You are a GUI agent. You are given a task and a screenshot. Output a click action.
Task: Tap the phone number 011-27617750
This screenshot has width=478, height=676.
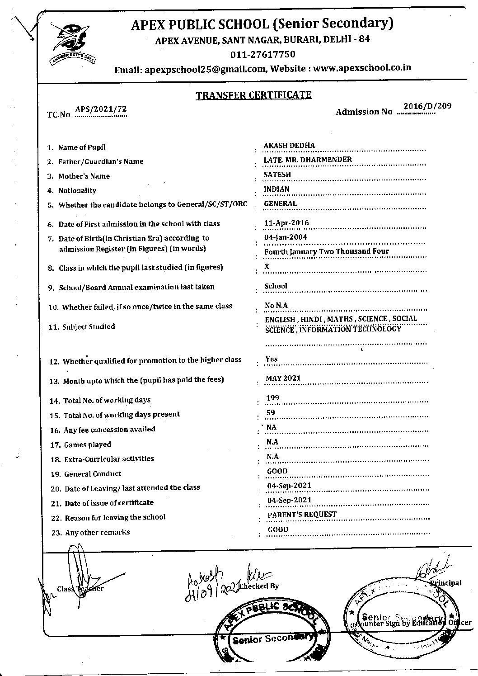pos(262,55)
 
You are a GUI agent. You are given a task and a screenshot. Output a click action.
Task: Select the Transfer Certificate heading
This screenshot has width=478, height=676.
pos(253,95)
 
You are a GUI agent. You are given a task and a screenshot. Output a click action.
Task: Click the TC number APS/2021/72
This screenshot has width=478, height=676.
pos(101,109)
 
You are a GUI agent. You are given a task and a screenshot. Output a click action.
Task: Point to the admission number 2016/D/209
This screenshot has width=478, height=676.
pos(427,106)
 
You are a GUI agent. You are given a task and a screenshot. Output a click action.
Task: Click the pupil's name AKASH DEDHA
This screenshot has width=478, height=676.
pos(289,146)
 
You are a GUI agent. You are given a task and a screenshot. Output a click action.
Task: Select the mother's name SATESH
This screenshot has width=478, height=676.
pos(277,175)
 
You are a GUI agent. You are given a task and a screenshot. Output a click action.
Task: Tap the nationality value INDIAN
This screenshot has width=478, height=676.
pos(276,189)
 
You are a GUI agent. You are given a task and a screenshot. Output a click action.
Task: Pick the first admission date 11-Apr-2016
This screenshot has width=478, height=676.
pos(286,223)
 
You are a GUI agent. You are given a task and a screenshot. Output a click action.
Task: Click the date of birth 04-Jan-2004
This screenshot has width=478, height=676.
pos(286,237)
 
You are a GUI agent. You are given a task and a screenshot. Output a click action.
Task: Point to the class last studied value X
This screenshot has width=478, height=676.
pos(267,266)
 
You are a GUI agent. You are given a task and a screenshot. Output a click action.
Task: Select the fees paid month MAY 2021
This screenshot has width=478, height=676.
pos(283,378)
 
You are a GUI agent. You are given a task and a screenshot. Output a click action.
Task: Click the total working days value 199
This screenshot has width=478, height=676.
pos(273,398)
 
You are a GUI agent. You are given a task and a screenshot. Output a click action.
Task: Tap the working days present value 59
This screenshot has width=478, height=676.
pos(271,412)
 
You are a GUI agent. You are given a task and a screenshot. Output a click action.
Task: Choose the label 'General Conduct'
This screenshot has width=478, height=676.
pos(93,474)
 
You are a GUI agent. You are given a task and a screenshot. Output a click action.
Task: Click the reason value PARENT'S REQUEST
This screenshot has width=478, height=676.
pos(302,514)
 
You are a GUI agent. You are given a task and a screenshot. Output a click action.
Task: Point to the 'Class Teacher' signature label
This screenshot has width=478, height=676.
pos(80,588)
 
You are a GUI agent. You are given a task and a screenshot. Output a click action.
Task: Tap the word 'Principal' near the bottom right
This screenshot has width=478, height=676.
pos(446,583)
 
